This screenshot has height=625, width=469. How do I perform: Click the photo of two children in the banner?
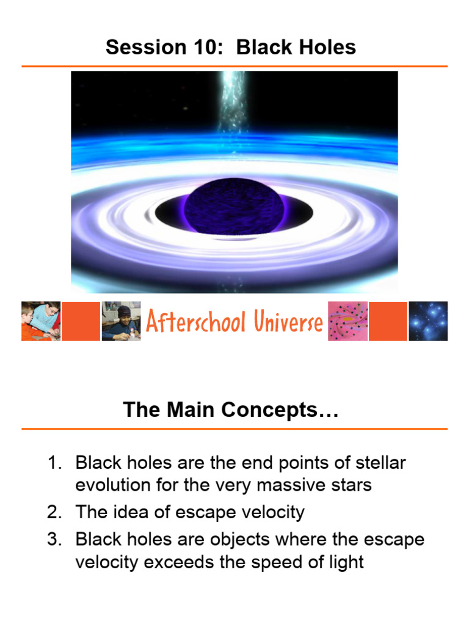[x=41, y=320]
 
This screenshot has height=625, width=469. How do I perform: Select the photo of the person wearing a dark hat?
[x=121, y=320]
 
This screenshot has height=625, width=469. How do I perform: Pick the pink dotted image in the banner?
[x=347, y=320]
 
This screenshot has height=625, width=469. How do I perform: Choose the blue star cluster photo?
[x=428, y=320]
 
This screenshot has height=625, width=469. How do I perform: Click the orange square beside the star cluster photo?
[x=388, y=320]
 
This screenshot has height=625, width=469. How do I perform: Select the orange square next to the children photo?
[x=81, y=320]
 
